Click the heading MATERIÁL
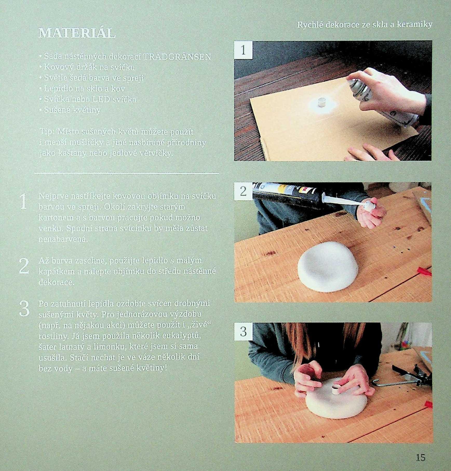77,33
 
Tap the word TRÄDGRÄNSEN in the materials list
177,57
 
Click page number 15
420,457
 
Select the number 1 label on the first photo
243,50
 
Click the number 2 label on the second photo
243,191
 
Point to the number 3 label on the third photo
243,332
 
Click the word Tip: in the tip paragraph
47,132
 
